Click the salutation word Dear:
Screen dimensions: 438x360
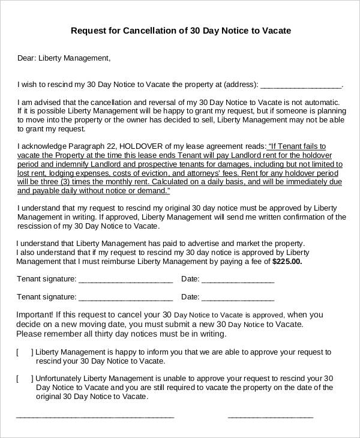[26, 58]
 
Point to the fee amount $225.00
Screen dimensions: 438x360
[287, 262]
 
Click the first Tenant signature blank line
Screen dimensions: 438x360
[125, 280]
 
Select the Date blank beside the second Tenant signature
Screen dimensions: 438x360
[238, 297]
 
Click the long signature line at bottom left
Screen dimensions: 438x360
[95, 416]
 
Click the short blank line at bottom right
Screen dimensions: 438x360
[271, 416]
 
